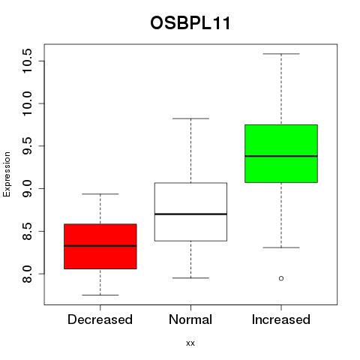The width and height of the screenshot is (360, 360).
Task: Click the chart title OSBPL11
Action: coord(190,23)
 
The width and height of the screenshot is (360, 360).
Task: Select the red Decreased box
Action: coord(100,246)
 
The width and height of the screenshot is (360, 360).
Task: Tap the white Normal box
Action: coord(190,211)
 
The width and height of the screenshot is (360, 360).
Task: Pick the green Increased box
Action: coord(281,154)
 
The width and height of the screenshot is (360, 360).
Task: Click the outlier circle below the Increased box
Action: coord(281,278)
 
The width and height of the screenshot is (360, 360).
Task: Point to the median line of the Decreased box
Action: coord(100,246)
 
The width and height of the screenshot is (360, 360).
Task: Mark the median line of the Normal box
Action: coord(190,214)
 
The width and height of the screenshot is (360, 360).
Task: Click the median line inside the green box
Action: coord(281,156)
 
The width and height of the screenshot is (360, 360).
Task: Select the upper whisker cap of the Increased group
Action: coord(281,54)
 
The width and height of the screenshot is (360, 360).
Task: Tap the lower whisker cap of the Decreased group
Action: coord(100,295)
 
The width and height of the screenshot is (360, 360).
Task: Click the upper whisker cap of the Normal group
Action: coord(190,118)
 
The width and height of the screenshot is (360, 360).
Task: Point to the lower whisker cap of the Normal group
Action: coord(190,277)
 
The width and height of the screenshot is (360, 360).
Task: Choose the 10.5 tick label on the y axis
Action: coord(27,61)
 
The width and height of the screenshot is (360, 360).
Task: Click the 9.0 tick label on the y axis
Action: coord(27,188)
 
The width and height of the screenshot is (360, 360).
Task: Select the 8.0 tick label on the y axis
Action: coord(27,274)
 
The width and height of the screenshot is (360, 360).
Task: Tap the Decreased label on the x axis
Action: coord(100,319)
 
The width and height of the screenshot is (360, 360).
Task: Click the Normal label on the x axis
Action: coord(190,319)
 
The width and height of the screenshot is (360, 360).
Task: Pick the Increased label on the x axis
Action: coord(281,319)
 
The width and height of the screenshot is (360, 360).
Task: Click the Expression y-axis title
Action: coord(7,175)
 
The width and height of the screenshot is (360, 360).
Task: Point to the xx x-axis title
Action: coord(190,343)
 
